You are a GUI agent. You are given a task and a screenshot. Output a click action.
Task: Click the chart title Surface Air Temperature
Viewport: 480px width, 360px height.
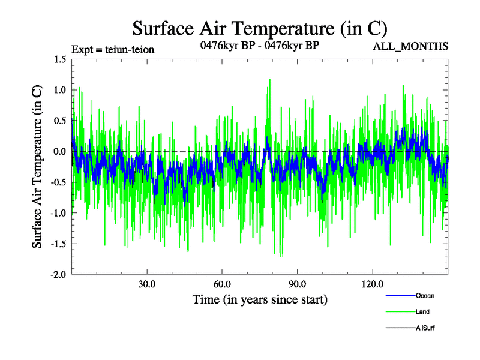coord(259,28)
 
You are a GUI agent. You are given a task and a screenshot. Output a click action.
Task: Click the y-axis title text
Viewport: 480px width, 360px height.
coord(37,167)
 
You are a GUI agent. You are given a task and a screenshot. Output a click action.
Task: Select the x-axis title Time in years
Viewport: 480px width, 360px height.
coord(260,299)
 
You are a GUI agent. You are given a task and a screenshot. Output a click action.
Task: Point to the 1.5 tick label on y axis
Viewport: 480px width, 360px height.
coord(59,59)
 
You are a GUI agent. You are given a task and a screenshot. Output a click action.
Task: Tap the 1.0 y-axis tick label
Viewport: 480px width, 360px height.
coord(59,90)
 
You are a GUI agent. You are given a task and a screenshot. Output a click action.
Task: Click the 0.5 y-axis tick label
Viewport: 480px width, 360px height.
coord(59,121)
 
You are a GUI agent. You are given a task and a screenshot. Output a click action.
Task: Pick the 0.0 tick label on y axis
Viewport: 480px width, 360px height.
coord(59,151)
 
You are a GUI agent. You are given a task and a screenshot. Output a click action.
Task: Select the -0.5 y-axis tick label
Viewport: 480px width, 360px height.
coord(58,182)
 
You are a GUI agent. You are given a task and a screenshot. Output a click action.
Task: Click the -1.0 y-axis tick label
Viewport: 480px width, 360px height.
coord(58,213)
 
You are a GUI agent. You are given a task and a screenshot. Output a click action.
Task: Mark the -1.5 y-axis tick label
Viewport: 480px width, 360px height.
coord(58,244)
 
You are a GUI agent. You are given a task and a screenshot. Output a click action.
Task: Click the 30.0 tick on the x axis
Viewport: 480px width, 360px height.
coord(147,284)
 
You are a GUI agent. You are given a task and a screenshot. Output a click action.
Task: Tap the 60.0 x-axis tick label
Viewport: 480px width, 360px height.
coord(222,284)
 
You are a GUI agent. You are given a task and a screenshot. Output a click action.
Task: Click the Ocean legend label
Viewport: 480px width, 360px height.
coord(425,295)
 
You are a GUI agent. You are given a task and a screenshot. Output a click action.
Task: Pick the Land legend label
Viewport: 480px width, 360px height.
coord(422,312)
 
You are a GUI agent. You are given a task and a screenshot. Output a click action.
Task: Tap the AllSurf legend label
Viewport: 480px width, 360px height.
coord(425,328)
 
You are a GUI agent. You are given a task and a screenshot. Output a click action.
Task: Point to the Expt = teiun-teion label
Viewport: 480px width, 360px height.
coord(113,49)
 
